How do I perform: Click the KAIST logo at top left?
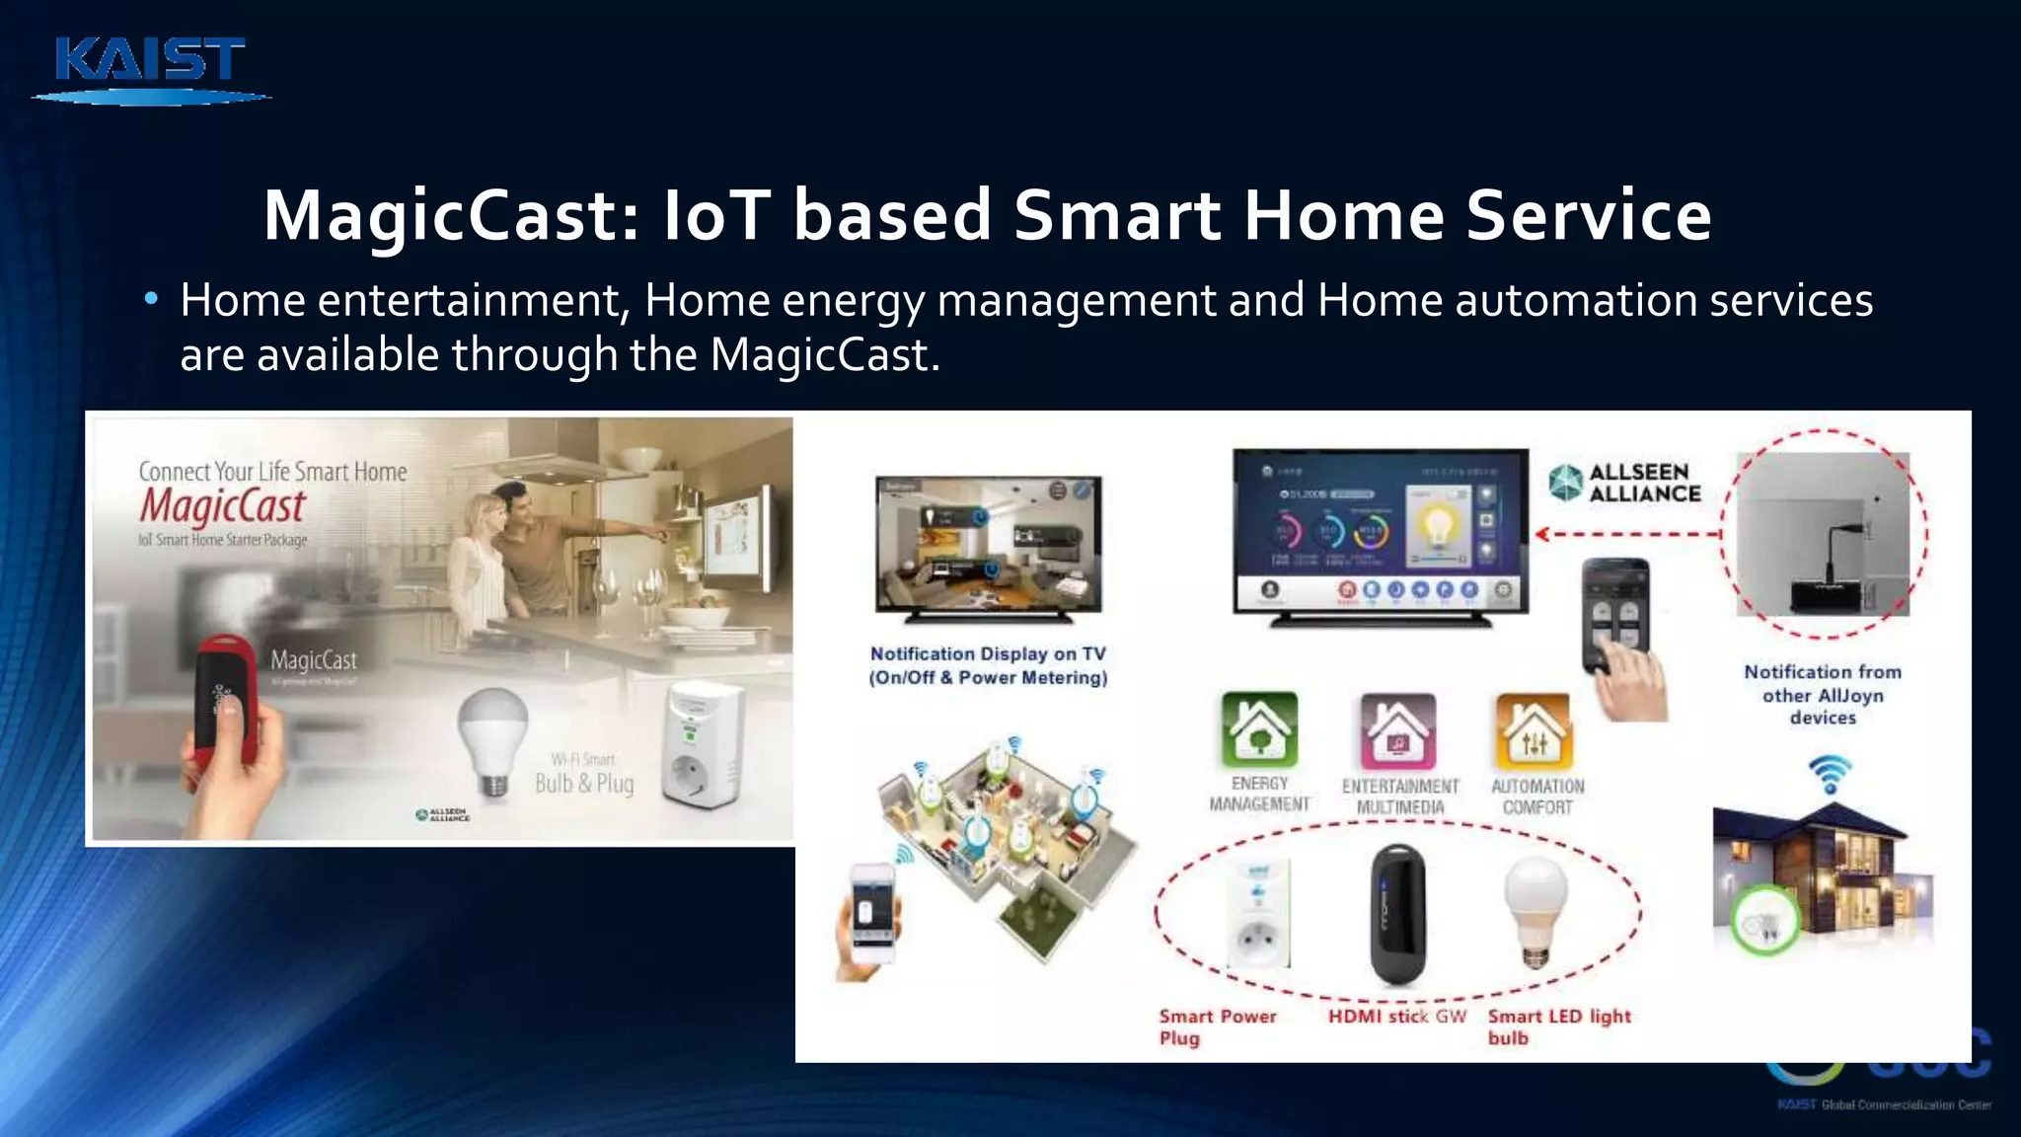(x=150, y=67)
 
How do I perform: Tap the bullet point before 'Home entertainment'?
(x=151, y=299)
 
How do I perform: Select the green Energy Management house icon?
(x=1259, y=730)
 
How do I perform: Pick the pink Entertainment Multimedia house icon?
(x=1398, y=731)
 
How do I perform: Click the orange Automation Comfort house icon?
(x=1534, y=731)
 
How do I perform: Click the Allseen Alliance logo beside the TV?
(x=1625, y=483)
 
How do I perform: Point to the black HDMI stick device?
(x=1397, y=914)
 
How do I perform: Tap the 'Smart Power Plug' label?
(x=1217, y=1026)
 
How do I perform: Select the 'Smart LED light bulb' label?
(x=1558, y=1026)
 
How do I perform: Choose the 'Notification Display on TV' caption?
(x=988, y=665)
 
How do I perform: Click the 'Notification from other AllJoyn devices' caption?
(x=1822, y=694)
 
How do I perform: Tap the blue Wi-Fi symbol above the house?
(x=1830, y=772)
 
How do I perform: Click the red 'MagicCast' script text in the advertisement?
(x=223, y=505)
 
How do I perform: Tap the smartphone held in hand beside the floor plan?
(x=870, y=913)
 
